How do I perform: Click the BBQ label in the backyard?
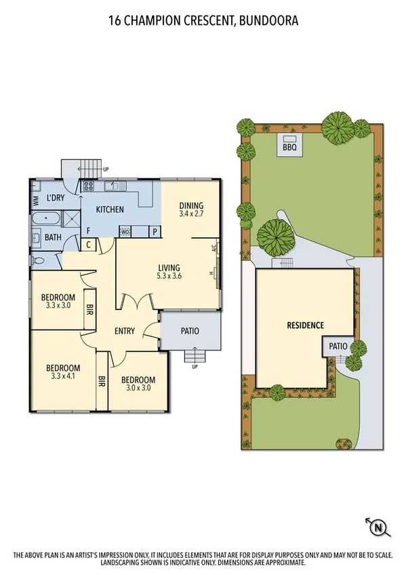click(x=289, y=146)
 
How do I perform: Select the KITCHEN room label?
click(x=109, y=210)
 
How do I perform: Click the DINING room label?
click(x=191, y=205)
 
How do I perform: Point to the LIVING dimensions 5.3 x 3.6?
click(x=169, y=276)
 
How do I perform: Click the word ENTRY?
click(x=125, y=331)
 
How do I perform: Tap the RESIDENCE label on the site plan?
click(x=305, y=325)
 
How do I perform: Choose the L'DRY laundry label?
click(x=56, y=199)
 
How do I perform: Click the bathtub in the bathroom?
click(x=46, y=219)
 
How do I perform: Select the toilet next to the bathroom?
click(x=38, y=260)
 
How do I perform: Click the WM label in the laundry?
click(x=35, y=200)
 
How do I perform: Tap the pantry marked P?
click(x=154, y=232)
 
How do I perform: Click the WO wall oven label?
click(x=125, y=232)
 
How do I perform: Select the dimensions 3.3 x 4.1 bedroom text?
click(x=65, y=376)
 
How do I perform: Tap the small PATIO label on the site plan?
click(x=338, y=346)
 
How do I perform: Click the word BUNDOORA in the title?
click(x=266, y=21)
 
